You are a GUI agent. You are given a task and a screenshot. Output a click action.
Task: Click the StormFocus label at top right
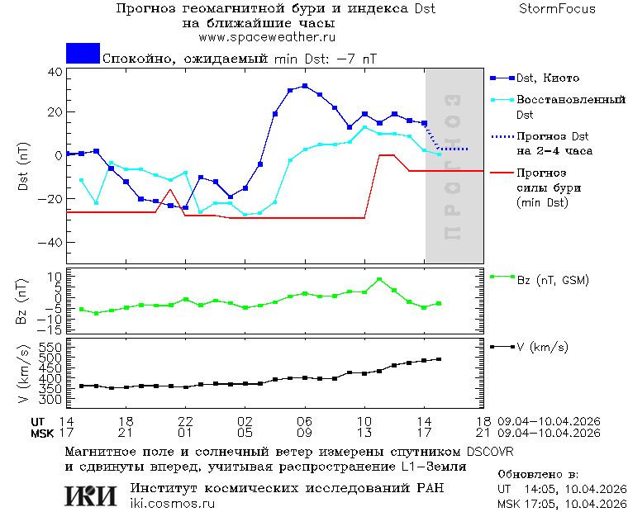pos(557,9)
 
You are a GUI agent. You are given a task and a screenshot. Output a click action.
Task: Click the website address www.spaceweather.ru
pos(267,37)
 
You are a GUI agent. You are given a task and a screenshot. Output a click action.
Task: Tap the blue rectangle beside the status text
pos(83,54)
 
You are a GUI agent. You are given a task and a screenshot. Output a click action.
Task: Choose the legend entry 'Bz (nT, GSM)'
pos(552,281)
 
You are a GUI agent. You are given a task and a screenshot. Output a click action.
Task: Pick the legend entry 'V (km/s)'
pos(542,347)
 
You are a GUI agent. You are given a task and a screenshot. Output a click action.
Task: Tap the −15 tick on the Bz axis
pos(51,329)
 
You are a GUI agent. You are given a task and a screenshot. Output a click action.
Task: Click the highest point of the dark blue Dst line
pos(305,86)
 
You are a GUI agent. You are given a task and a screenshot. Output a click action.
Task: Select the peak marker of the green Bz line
pos(379,280)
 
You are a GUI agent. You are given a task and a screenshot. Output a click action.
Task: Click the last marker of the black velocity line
pos(439,359)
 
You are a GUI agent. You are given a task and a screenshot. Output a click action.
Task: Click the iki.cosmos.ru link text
pos(172,503)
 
